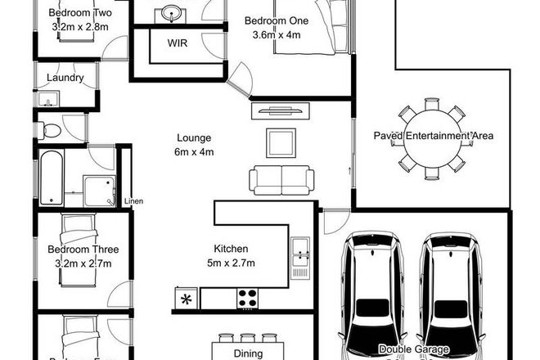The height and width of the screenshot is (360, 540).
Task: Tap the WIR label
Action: click(x=178, y=43)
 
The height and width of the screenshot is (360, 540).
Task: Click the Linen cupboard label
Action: click(x=133, y=201)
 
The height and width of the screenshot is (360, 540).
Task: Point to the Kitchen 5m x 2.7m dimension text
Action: click(x=231, y=263)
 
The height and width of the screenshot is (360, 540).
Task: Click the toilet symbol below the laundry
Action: click(x=52, y=129)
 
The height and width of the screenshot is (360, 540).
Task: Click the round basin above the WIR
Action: click(x=172, y=13)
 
